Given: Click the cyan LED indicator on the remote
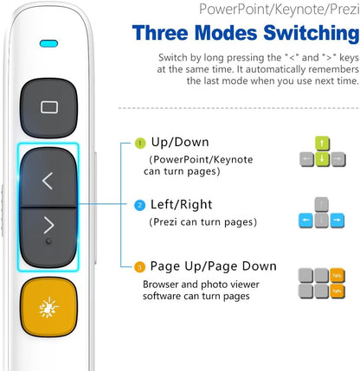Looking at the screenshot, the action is click(x=48, y=44).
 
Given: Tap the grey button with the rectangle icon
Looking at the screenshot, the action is click(x=48, y=108).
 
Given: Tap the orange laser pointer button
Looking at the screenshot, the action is click(x=48, y=307).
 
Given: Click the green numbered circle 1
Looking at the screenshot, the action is click(x=140, y=143).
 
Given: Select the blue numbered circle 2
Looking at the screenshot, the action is click(x=140, y=205).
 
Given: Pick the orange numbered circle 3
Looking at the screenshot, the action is click(x=139, y=267).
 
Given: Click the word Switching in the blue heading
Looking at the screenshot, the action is click(x=312, y=33).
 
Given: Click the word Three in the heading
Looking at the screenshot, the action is click(x=160, y=33).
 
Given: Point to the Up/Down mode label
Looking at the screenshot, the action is click(x=180, y=142).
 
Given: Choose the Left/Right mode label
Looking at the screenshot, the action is click(x=182, y=205).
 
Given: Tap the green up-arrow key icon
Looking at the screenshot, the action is click(x=322, y=144).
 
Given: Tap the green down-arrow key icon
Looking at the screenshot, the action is click(x=322, y=159).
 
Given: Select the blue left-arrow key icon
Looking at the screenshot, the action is click(x=305, y=221).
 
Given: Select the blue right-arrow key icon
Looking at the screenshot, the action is click(x=337, y=221).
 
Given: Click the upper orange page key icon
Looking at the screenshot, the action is click(x=337, y=275).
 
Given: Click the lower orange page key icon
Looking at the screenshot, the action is click(x=337, y=291).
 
